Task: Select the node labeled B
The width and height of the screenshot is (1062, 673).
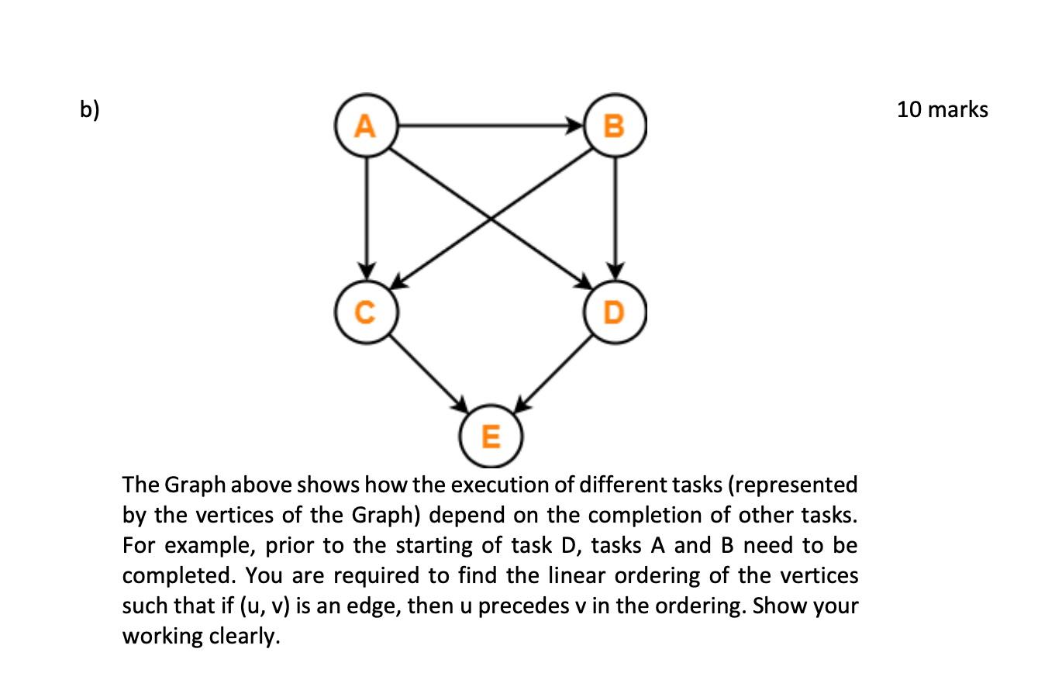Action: [615, 126]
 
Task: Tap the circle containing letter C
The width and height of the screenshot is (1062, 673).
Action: [367, 312]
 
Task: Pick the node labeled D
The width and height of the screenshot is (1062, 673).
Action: [615, 312]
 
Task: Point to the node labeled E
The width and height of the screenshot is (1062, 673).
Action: [491, 437]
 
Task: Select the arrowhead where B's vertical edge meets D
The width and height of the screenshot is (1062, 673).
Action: [615, 272]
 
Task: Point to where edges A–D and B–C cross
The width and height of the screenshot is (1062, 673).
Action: [491, 219]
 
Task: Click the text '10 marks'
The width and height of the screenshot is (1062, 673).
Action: [943, 110]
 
